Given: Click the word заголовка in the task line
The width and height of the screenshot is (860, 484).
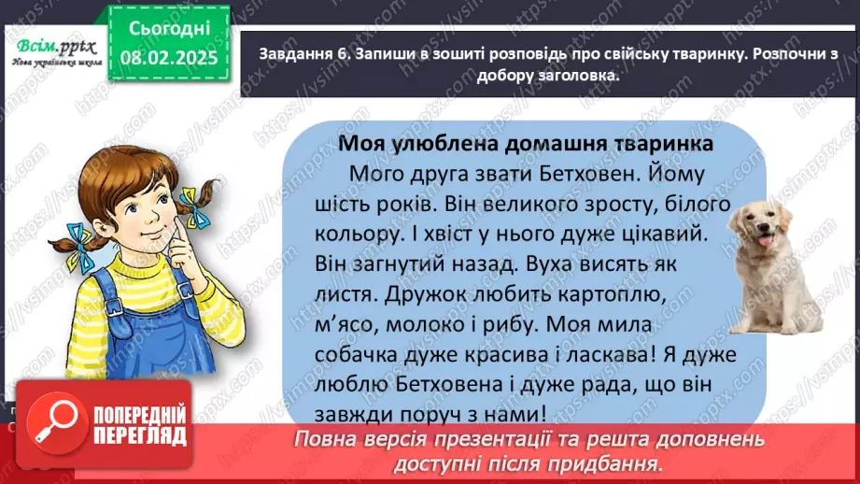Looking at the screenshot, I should pos(570,77).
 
